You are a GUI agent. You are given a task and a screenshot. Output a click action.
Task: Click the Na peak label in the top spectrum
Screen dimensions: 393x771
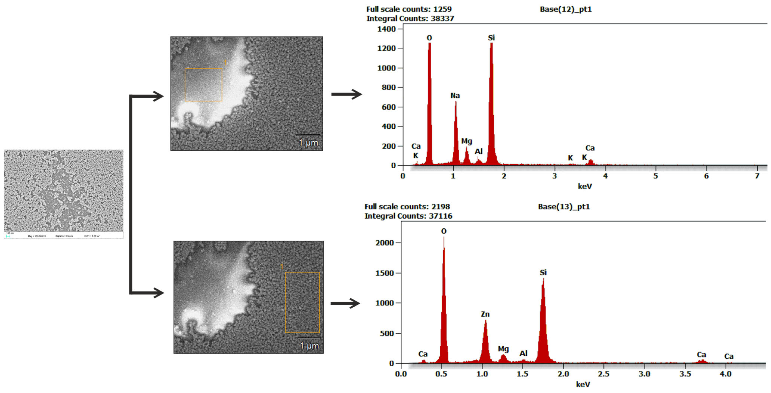click(455, 96)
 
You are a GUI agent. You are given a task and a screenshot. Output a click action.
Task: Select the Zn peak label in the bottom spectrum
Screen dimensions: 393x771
click(485, 314)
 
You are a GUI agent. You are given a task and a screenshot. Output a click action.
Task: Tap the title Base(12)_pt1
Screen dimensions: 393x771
click(566, 9)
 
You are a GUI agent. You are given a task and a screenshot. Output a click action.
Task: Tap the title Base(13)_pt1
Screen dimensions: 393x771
click(564, 207)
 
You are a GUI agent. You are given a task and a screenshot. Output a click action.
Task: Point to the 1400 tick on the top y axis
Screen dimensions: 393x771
click(386, 29)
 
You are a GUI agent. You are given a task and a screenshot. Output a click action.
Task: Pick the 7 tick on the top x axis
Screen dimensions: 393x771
click(757, 176)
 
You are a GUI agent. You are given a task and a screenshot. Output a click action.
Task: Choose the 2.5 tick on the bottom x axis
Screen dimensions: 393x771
click(604, 374)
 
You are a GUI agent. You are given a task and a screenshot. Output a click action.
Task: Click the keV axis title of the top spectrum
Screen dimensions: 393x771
click(585, 186)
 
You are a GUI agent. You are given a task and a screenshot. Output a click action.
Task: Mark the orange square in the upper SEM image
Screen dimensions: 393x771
click(203, 85)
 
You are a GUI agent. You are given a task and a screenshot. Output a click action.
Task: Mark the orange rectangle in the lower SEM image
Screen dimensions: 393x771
click(302, 302)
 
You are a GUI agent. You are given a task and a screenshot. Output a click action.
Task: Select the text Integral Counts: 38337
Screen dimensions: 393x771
click(410, 18)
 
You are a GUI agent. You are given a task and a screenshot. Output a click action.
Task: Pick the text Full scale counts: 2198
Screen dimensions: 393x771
click(407, 207)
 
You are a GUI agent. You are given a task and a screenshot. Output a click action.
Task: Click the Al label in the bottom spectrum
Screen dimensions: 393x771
click(523, 353)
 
